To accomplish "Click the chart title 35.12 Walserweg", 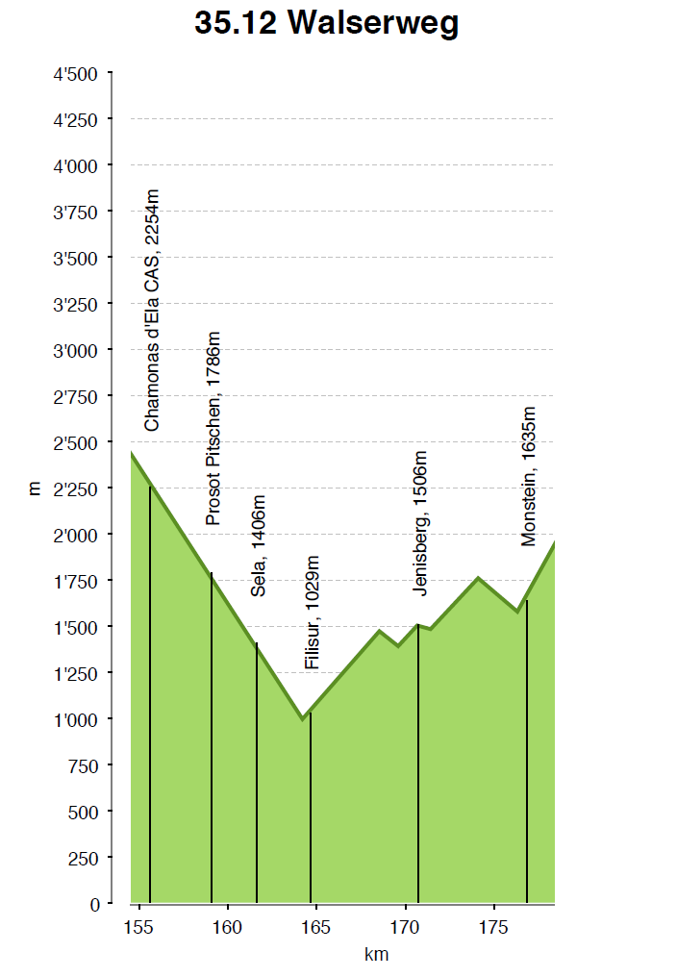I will (326, 23).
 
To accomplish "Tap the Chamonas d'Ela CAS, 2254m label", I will (152, 311).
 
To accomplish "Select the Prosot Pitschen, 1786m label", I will (213, 429).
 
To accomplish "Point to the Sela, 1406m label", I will (258, 546).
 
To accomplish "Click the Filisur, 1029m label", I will (312, 613).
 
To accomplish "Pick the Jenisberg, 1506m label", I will (419, 523).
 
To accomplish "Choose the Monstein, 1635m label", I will (528, 476).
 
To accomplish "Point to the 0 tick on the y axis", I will (94, 904).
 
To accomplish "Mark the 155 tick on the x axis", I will (139, 927).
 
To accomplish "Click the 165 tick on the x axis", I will (316, 927).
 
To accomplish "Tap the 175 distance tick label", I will (493, 927).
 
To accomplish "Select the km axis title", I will (377, 955).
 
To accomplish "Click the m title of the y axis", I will (36, 488).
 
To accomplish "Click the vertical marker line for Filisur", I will (311, 808).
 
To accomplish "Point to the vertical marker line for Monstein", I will (527, 750).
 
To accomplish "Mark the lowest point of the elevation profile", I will (302, 718).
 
